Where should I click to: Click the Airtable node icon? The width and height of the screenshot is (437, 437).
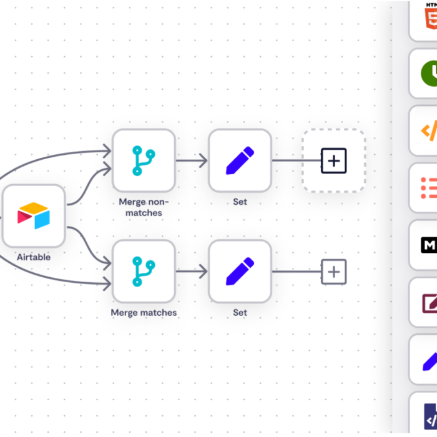click(x=34, y=215)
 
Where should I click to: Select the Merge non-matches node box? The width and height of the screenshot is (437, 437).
click(x=144, y=160)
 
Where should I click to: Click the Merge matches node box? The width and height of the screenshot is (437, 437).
click(x=144, y=272)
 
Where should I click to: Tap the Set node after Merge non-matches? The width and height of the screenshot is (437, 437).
click(x=240, y=160)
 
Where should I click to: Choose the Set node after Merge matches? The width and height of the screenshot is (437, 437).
click(x=240, y=272)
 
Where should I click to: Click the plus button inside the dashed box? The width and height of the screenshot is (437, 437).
click(x=334, y=160)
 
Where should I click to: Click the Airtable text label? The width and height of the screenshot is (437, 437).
click(x=34, y=257)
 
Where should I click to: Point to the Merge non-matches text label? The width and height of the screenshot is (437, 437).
click(x=144, y=207)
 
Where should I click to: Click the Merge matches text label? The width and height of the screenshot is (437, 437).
click(x=144, y=312)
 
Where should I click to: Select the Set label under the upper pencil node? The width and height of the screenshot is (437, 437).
click(x=240, y=202)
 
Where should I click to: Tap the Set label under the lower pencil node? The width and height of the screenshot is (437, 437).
click(x=240, y=312)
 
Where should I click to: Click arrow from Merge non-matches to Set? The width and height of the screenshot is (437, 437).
click(x=192, y=160)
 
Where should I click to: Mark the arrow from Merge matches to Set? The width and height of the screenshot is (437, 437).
click(x=192, y=272)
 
